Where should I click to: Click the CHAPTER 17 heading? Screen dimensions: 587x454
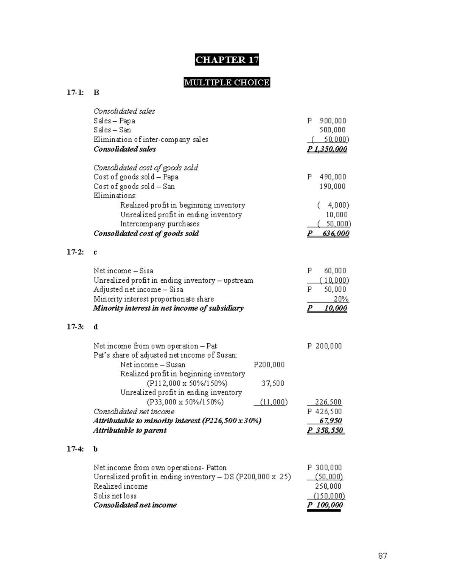227,60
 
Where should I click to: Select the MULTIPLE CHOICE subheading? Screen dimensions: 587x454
227,82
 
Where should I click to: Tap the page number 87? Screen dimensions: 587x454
382,556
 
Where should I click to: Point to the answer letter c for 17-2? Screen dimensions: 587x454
95,252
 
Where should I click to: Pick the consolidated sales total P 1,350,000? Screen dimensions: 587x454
327,149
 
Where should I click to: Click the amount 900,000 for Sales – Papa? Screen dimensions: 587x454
333,121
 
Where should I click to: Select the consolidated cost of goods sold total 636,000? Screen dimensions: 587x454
328,233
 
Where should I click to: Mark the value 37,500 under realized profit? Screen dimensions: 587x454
273,383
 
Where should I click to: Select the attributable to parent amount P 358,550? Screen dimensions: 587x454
325,430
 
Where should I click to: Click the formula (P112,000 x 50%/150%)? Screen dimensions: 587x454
187,383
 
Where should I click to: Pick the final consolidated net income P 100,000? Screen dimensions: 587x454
325,505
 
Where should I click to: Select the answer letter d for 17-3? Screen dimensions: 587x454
95,327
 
